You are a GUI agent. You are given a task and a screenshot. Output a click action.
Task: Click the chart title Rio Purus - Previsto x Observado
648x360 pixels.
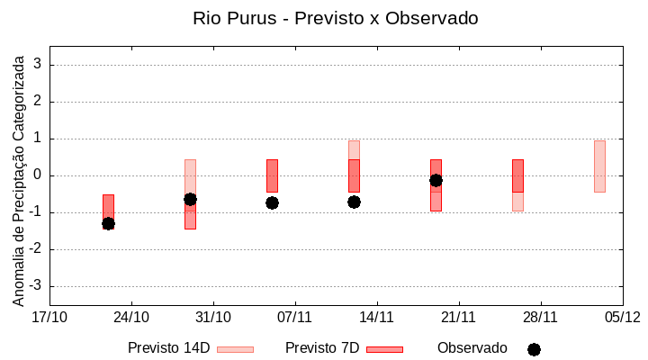coord(335,18)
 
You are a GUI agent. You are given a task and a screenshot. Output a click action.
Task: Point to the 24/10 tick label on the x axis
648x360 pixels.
coord(131,317)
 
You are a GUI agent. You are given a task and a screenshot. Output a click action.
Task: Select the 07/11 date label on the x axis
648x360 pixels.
coord(294,317)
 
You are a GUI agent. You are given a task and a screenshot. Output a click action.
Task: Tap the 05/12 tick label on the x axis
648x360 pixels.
coord(622,317)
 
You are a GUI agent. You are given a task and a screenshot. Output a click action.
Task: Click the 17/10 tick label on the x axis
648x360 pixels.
coord(49,317)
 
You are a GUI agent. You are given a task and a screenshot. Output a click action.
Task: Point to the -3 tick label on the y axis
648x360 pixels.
coord(35,286)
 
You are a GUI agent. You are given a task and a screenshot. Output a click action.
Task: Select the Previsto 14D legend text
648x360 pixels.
coord(168,348)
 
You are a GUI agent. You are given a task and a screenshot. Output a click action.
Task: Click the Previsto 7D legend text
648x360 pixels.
coord(322,348)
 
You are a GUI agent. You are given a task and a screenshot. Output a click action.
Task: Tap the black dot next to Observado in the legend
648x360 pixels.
coord(534,349)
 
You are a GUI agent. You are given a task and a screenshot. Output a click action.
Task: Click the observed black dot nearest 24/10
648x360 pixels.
coord(108,223)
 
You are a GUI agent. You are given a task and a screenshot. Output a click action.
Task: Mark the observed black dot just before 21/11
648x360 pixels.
coord(436,180)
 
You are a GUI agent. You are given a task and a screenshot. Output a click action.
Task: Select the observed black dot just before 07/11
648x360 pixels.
coord(272,202)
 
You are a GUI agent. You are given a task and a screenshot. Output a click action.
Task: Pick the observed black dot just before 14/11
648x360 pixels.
coord(354,202)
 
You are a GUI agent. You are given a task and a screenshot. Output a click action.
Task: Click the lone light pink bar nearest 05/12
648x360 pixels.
coord(599,166)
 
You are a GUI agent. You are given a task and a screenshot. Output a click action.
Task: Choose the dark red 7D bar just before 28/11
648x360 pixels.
coord(517,175)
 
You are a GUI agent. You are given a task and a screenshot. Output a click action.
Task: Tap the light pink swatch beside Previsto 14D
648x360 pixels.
coord(235,349)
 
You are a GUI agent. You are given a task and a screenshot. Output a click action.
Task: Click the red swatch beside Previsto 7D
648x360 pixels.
coord(384,349)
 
